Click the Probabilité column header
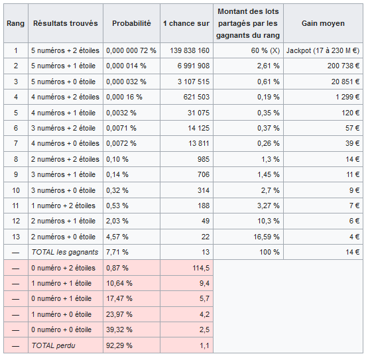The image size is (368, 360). click(x=131, y=23)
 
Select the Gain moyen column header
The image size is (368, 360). click(x=323, y=23)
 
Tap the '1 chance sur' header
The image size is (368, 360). click(x=186, y=23)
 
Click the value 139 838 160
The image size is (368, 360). click(x=190, y=50)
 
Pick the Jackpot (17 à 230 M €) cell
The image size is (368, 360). click(x=323, y=50)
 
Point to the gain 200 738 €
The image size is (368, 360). click(x=343, y=66)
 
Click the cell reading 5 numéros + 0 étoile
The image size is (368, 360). click(x=64, y=82)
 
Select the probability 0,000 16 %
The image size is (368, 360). click(x=124, y=97)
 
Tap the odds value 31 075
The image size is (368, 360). click(x=198, y=113)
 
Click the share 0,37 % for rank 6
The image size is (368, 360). click(x=269, y=128)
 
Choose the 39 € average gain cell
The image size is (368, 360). click(x=353, y=143)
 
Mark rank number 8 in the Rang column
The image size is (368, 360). click(x=16, y=159)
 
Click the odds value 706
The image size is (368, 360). click(x=204, y=174)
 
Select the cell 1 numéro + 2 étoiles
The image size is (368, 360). click(x=64, y=206)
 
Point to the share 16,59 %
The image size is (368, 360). click(x=267, y=237)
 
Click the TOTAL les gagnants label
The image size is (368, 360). click(x=65, y=252)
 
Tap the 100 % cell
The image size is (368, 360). click(x=270, y=252)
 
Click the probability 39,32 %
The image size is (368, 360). click(x=119, y=330)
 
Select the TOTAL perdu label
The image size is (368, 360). click(x=53, y=345)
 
